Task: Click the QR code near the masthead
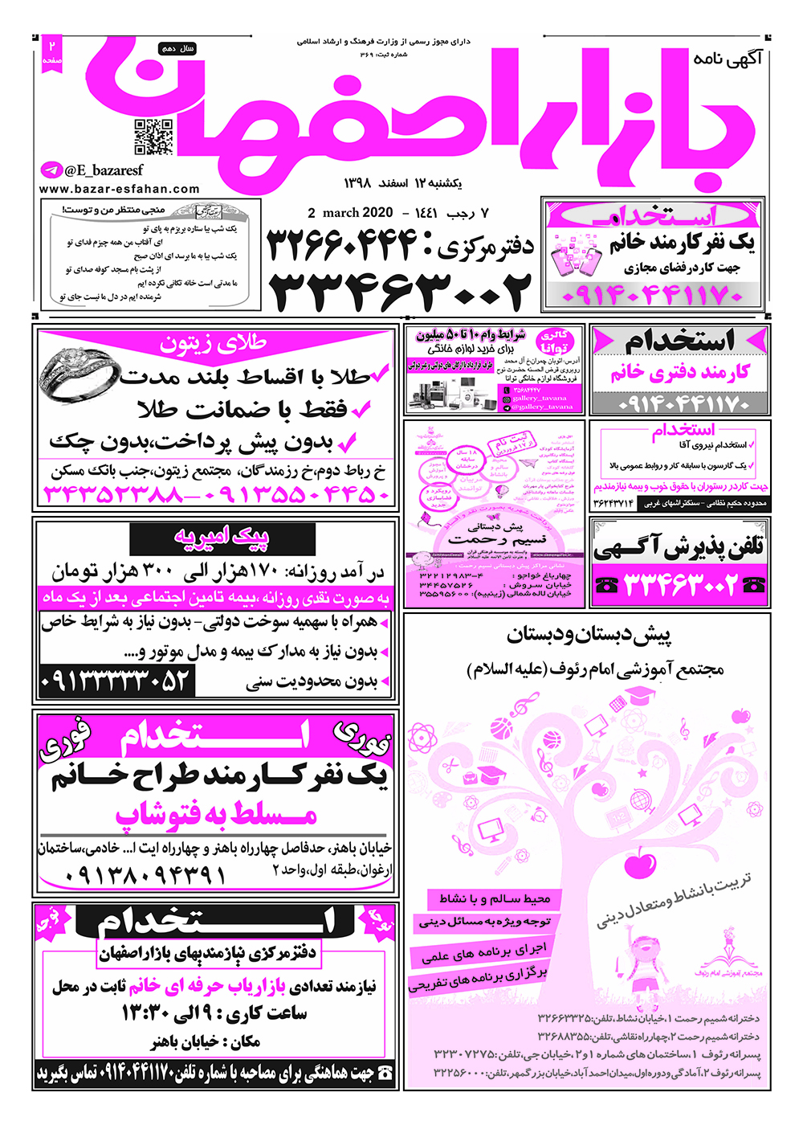click(153, 137)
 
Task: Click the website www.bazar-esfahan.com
click(119, 189)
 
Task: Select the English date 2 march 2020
click(350, 213)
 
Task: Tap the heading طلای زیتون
click(213, 343)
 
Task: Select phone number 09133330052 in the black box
click(117, 681)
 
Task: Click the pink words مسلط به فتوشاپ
click(217, 815)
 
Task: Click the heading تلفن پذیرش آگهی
click(679, 547)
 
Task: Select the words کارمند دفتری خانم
click(680, 373)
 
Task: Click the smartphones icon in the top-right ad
click(577, 259)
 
